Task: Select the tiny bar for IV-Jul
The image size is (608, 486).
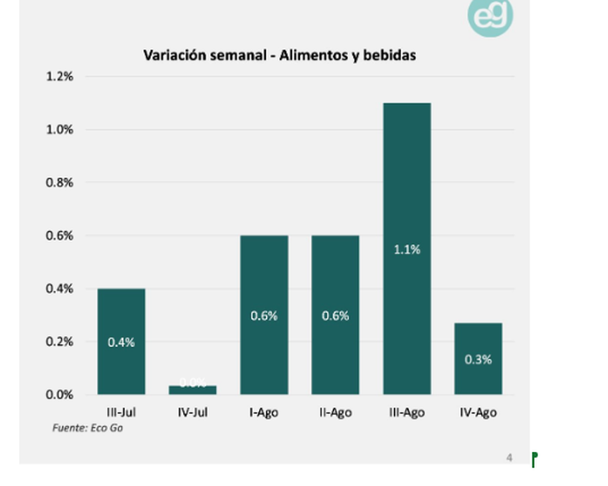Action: [193, 390]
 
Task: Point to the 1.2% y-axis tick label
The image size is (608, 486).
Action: [58, 77]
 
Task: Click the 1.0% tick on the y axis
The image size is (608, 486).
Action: [58, 130]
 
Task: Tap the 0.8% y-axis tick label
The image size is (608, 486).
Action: [58, 183]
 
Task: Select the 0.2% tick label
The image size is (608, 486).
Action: [58, 341]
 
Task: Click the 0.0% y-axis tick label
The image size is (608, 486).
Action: [58, 394]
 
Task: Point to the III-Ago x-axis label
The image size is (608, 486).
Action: [407, 413]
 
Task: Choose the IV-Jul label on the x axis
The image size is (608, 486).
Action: [193, 413]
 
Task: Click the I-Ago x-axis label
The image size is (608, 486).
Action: [264, 413]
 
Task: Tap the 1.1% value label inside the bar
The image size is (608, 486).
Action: [407, 250]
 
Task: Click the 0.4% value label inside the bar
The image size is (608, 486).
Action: [121, 342]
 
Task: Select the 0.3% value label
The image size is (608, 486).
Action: [478, 360]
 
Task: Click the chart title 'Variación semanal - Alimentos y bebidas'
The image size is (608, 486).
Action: [280, 55]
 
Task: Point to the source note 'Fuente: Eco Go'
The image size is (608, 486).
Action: [88, 428]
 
